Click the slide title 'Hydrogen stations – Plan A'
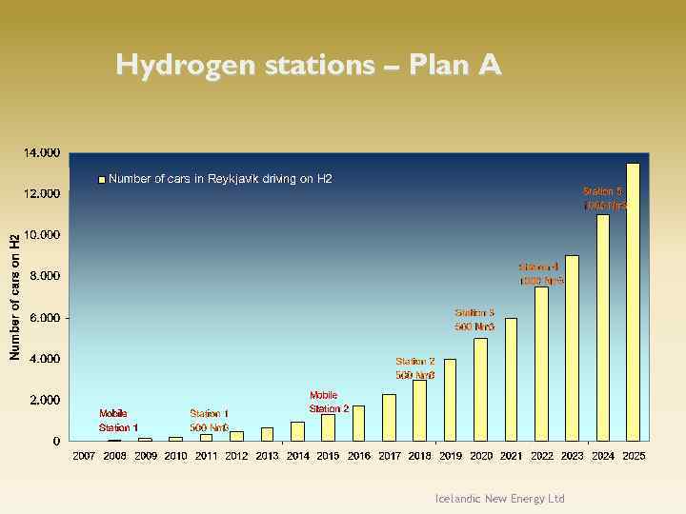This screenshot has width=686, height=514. point(308,65)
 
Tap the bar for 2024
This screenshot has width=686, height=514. point(602,327)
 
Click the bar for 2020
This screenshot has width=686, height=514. point(480,389)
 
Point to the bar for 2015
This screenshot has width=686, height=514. point(328,427)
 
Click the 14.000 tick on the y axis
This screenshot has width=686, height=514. point(42,152)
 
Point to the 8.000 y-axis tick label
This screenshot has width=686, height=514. point(42,276)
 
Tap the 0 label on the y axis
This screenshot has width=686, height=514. point(56,442)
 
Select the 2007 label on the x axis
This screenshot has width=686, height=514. point(85,457)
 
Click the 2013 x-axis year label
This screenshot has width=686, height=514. point(268,457)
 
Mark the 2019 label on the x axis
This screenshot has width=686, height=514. point(451,457)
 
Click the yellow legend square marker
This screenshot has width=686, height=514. point(102,180)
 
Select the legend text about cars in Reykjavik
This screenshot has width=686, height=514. point(220,179)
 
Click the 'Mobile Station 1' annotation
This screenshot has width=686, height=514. point(118,421)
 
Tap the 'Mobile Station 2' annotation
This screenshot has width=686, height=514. point(329,402)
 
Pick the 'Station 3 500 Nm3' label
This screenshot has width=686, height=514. point(474,320)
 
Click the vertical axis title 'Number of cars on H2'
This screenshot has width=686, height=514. point(14,297)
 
